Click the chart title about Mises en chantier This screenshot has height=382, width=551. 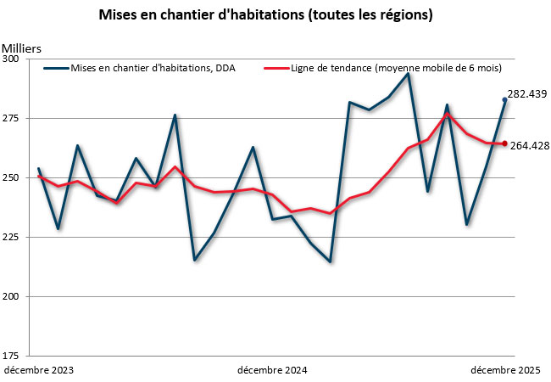[x=266, y=15]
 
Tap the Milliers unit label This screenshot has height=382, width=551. [x=21, y=47]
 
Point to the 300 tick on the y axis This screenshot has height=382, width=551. [x=17, y=59]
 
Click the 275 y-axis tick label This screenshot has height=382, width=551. [x=17, y=119]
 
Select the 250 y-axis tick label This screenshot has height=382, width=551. [x=17, y=178]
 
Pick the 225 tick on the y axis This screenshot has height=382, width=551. [x=17, y=238]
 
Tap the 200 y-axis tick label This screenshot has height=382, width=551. [x=17, y=297]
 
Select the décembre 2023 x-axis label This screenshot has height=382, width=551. [x=39, y=370]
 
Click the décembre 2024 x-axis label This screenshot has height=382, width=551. [x=272, y=370]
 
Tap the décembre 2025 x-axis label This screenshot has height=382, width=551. [x=506, y=370]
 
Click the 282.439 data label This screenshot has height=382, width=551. [x=526, y=93]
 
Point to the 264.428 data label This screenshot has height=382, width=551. [x=530, y=145]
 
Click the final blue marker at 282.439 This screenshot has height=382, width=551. [x=505, y=100]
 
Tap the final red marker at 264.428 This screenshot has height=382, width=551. [x=505, y=143]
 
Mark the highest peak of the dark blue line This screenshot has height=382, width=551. [x=408, y=74]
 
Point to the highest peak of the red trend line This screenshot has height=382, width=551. [x=447, y=114]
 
